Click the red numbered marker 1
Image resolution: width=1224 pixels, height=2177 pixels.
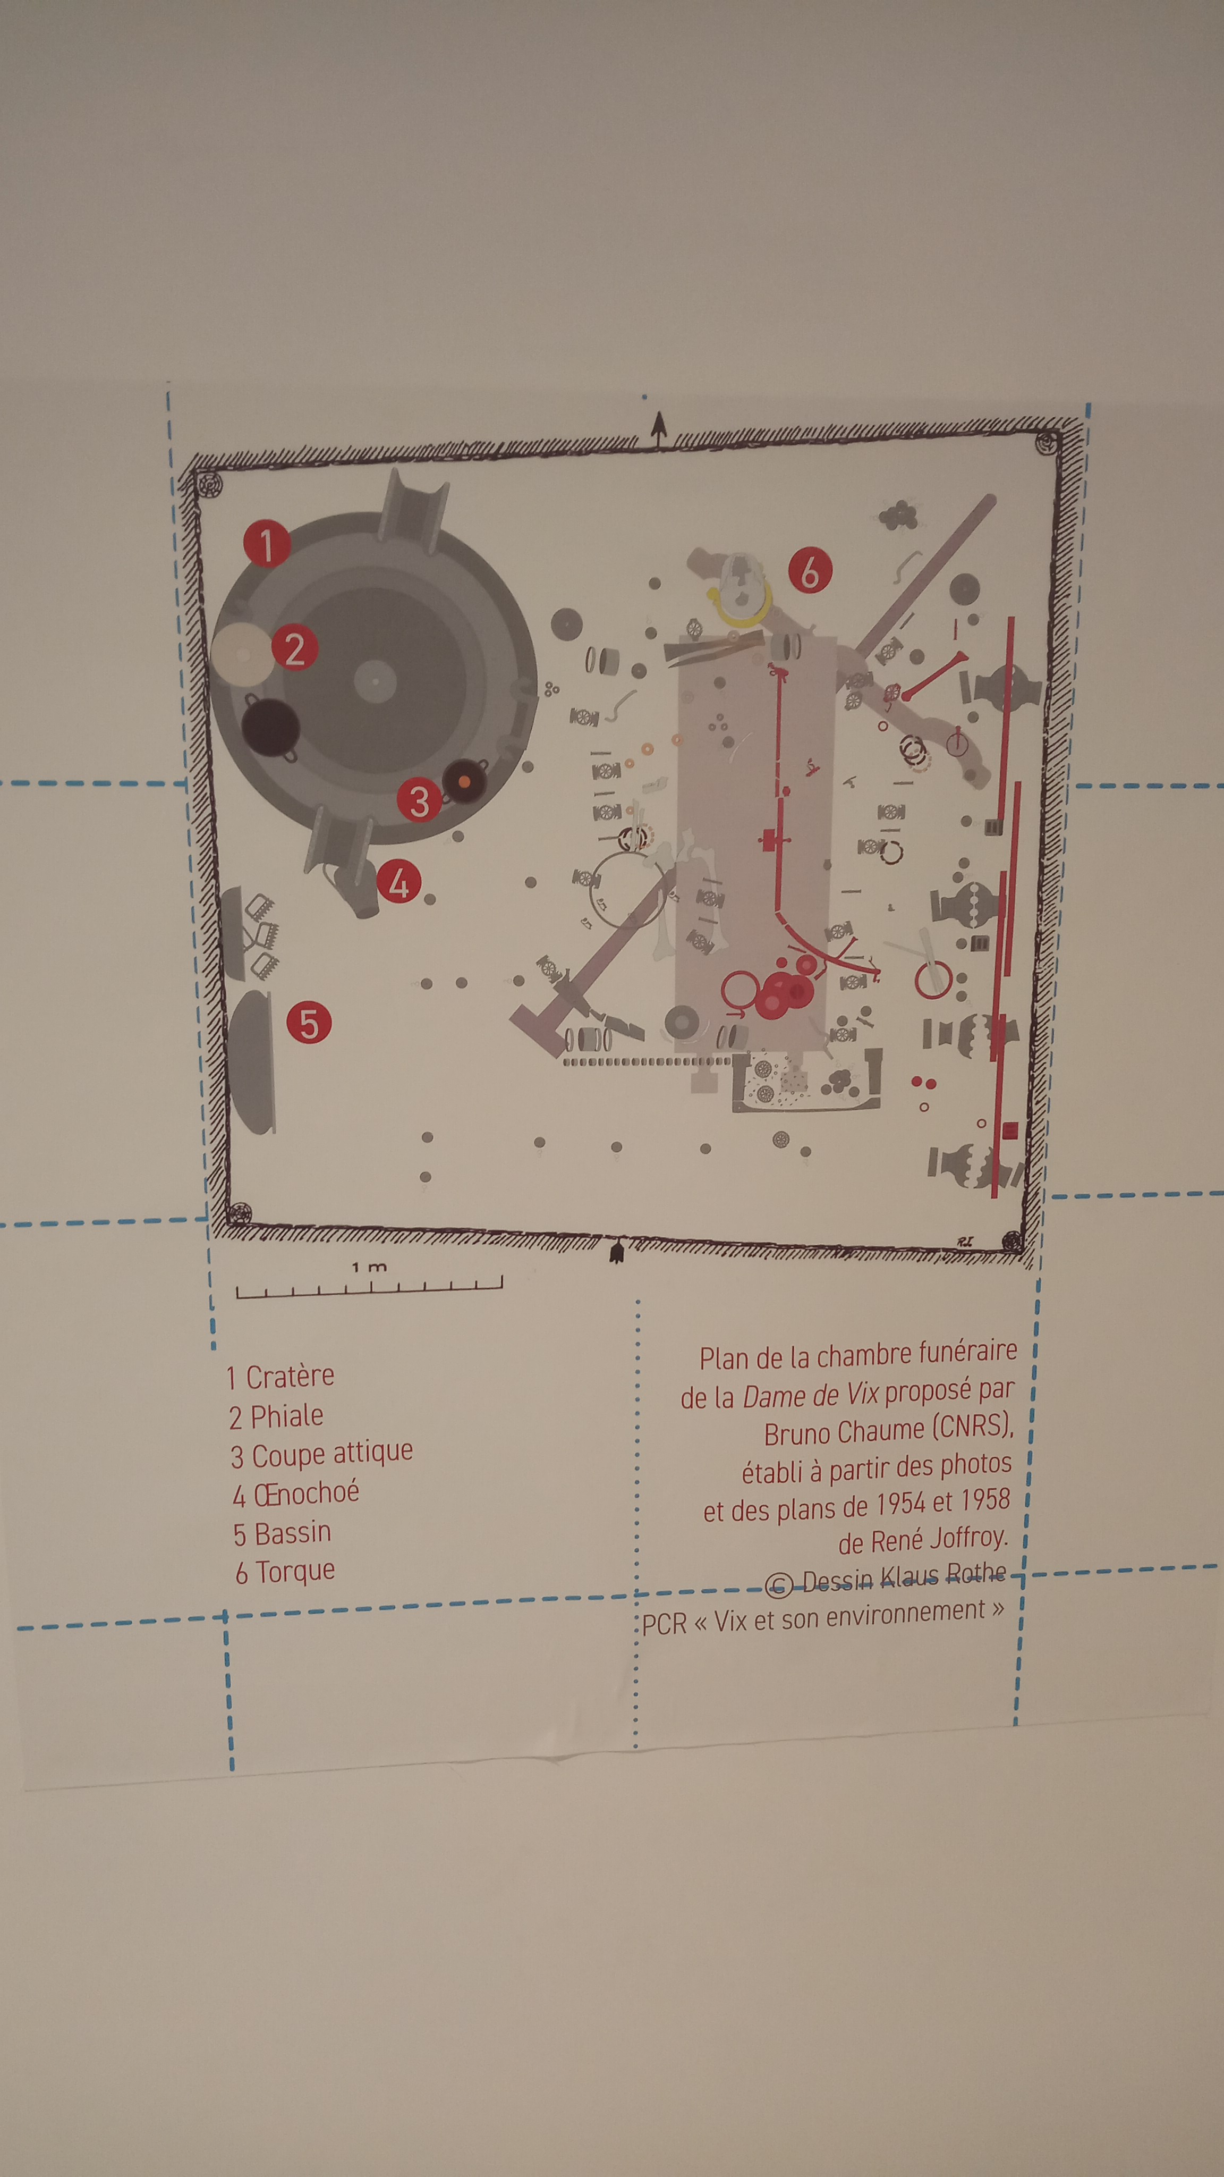267,543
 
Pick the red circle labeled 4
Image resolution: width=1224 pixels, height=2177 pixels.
399,881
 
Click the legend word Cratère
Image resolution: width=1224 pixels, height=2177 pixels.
290,1377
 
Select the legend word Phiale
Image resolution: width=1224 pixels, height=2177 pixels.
287,1415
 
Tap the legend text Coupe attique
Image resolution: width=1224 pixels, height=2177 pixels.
332,1454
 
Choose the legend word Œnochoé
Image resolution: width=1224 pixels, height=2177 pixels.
307,1493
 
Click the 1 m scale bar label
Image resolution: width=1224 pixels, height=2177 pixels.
369,1267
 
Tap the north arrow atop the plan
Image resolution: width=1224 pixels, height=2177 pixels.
659,428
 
